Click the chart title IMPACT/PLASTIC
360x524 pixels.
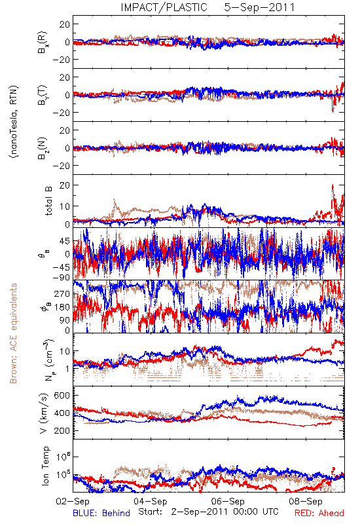click(164, 7)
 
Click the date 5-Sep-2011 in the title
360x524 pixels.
click(259, 7)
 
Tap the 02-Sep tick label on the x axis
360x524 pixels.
click(73, 501)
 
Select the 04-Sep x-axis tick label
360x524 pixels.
click(151, 501)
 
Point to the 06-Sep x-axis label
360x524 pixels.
click(228, 501)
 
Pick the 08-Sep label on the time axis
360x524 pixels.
click(306, 501)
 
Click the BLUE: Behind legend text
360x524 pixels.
click(101, 513)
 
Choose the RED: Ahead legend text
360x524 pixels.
click(319, 513)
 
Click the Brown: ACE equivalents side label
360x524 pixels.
click(13, 333)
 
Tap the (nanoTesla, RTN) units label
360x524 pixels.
click(14, 122)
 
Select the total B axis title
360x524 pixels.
click(48, 201)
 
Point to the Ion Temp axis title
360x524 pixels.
click(45, 466)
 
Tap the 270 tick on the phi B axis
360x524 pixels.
click(62, 293)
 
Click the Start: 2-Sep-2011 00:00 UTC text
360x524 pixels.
click(208, 512)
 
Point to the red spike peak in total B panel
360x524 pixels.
click(333, 185)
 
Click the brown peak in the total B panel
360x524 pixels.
click(114, 200)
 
